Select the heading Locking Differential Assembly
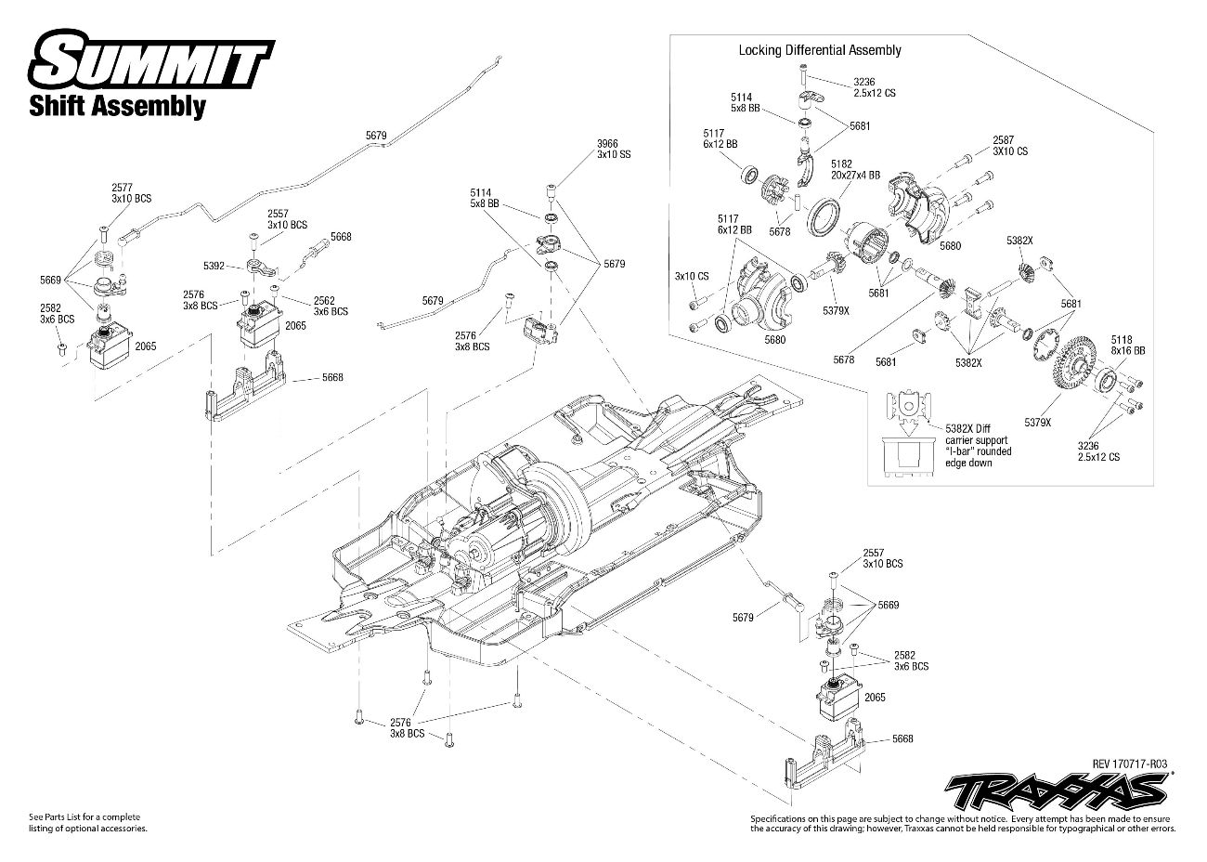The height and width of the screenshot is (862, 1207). (x=819, y=50)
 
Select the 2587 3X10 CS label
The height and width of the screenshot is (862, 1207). (x=1010, y=144)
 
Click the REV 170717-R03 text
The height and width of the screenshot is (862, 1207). (x=1129, y=764)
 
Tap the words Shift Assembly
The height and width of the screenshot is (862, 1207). (x=118, y=106)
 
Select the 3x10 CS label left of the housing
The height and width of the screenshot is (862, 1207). (x=692, y=276)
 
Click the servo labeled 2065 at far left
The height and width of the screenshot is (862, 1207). (x=106, y=350)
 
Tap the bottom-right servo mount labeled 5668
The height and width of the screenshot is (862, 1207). (x=822, y=752)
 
